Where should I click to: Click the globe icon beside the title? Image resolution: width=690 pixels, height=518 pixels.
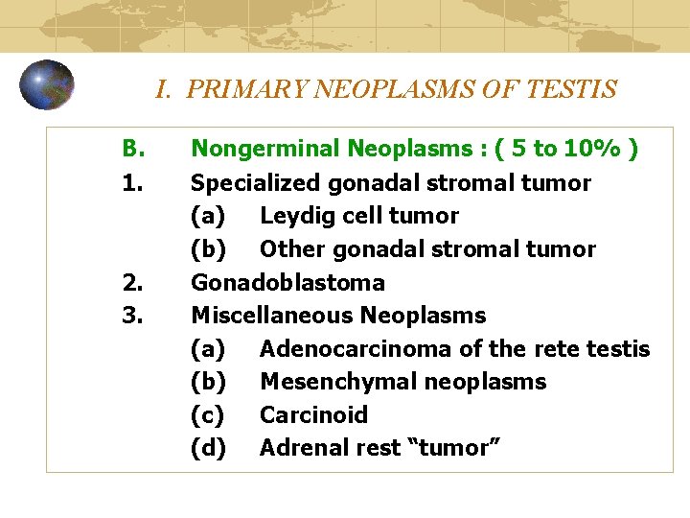pyautogui.click(x=47, y=84)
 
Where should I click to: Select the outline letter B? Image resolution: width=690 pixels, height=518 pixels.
pyautogui.click(x=133, y=149)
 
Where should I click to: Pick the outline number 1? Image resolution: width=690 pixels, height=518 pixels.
pyautogui.click(x=132, y=182)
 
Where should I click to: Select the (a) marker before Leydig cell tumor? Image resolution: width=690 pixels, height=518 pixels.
pyautogui.click(x=209, y=216)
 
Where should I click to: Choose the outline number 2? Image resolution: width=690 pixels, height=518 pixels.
pyautogui.click(x=132, y=282)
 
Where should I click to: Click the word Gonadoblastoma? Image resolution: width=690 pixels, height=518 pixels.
pyautogui.click(x=287, y=282)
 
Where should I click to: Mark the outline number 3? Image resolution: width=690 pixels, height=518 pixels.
pyautogui.click(x=132, y=315)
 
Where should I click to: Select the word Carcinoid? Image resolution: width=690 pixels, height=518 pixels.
pyautogui.click(x=313, y=414)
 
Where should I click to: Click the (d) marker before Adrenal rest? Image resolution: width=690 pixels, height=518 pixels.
pyautogui.click(x=209, y=448)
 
